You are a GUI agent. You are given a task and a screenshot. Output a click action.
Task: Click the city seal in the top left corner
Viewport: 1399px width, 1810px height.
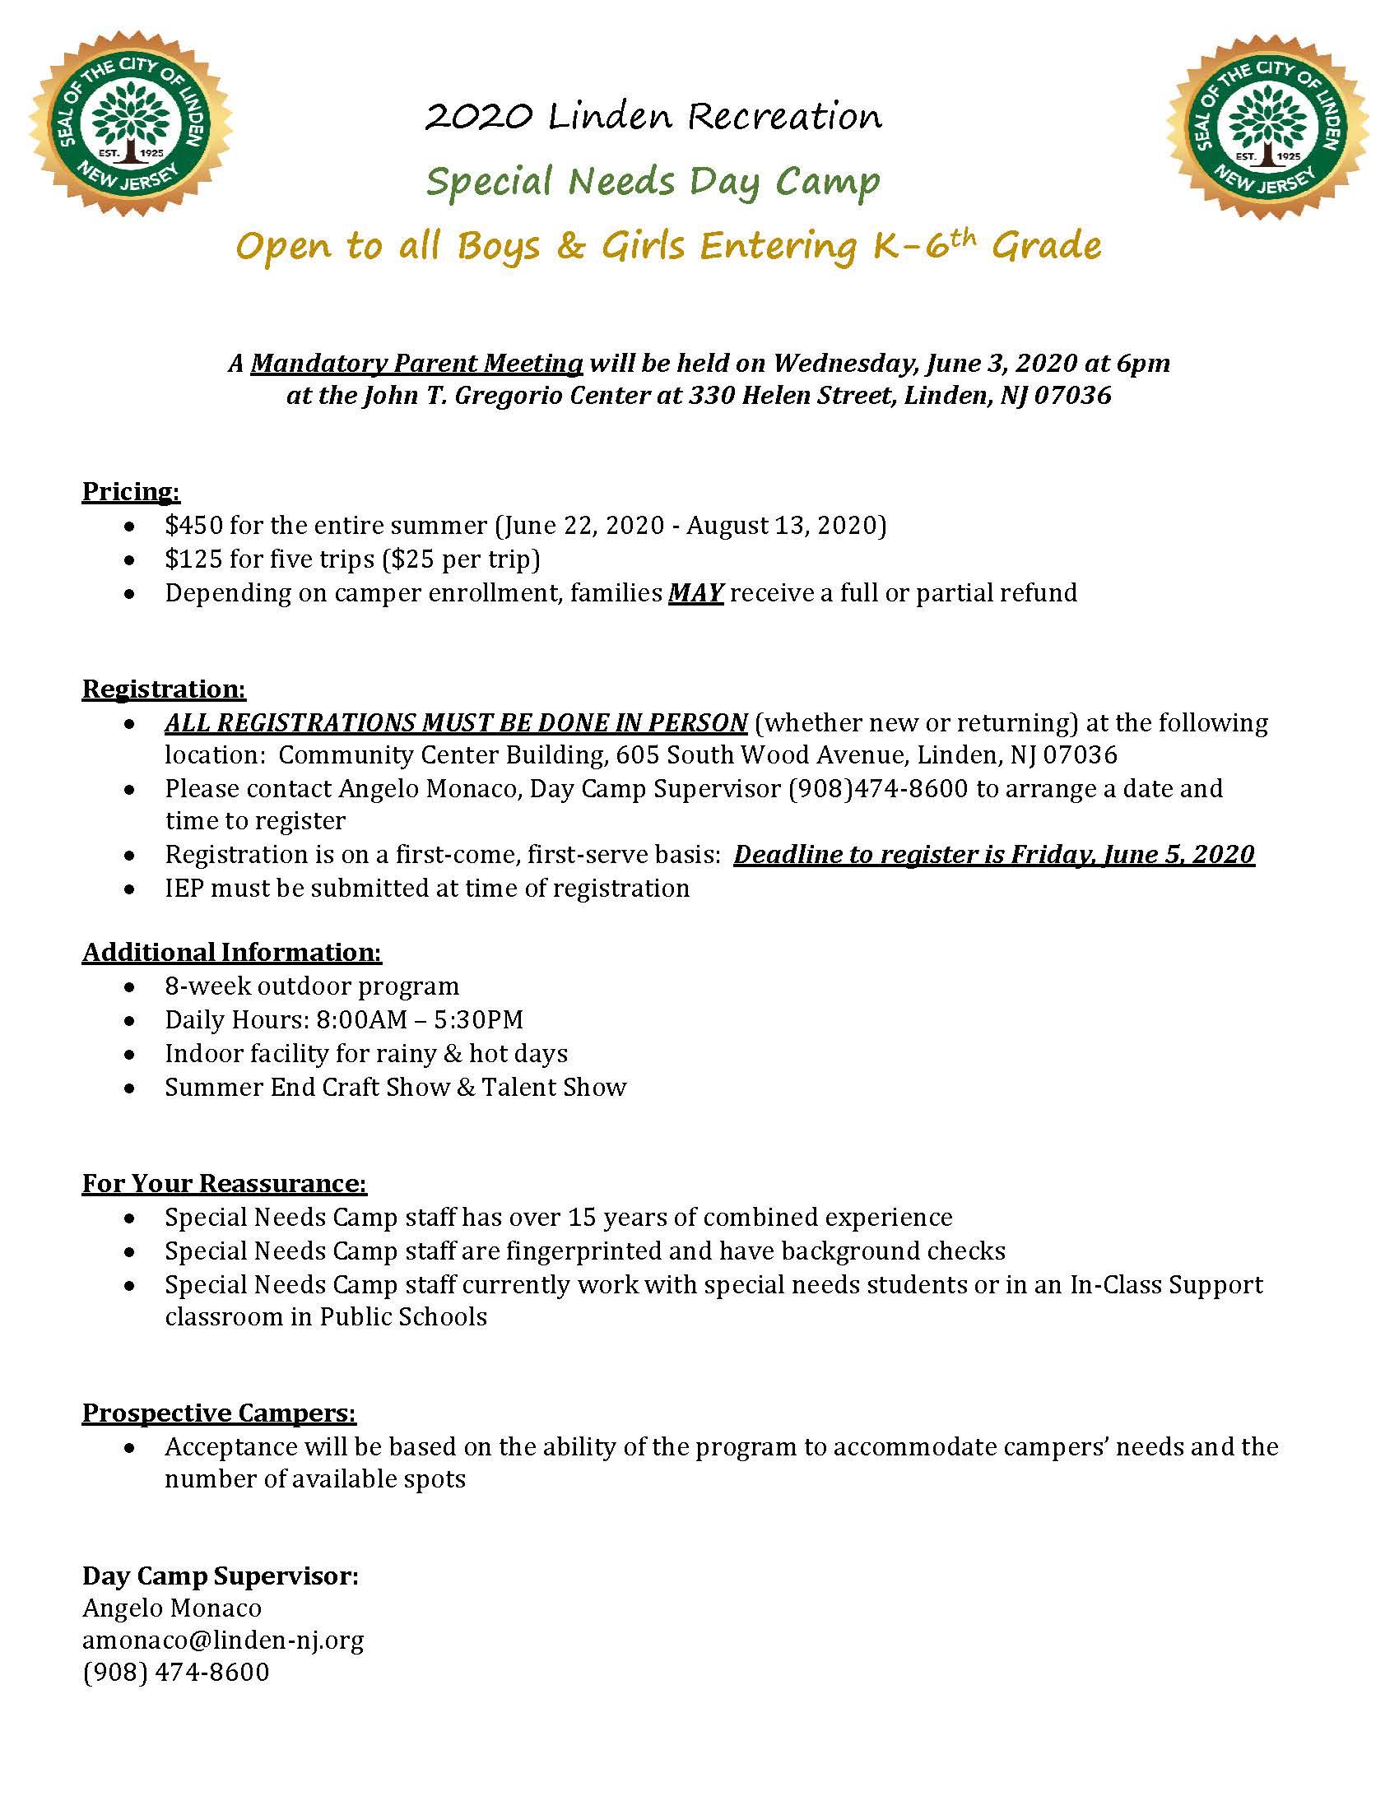click(x=130, y=124)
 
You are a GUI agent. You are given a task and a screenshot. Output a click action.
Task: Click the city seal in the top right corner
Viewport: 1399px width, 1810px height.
click(x=1267, y=126)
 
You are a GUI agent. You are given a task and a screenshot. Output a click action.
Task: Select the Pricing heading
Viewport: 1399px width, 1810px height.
click(x=131, y=491)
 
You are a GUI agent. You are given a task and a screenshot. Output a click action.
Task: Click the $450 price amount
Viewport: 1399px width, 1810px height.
click(x=193, y=526)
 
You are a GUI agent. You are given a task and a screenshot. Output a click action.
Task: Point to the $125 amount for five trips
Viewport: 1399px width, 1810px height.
click(x=193, y=559)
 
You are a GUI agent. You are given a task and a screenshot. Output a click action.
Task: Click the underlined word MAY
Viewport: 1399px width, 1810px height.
click(x=695, y=593)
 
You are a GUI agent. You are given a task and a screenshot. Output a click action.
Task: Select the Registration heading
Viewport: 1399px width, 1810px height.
click(x=164, y=689)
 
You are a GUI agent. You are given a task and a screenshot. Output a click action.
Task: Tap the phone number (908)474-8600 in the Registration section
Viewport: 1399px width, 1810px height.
click(x=878, y=788)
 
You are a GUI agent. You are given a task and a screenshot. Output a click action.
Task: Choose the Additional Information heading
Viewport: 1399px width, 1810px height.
click(x=231, y=952)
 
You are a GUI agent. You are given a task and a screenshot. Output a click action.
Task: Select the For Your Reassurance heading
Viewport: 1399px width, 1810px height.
click(x=224, y=1183)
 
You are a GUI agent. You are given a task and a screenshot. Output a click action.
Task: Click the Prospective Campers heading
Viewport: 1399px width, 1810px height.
click(x=219, y=1413)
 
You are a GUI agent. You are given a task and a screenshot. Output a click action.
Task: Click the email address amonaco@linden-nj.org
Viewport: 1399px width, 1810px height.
click(x=223, y=1640)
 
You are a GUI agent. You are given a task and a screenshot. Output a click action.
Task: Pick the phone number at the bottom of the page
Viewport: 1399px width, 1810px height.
click(x=176, y=1672)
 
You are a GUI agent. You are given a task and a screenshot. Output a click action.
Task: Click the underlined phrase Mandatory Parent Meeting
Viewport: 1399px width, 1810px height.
click(x=417, y=363)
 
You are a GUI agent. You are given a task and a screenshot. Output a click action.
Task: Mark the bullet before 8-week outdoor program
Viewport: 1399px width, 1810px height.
click(x=129, y=987)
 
